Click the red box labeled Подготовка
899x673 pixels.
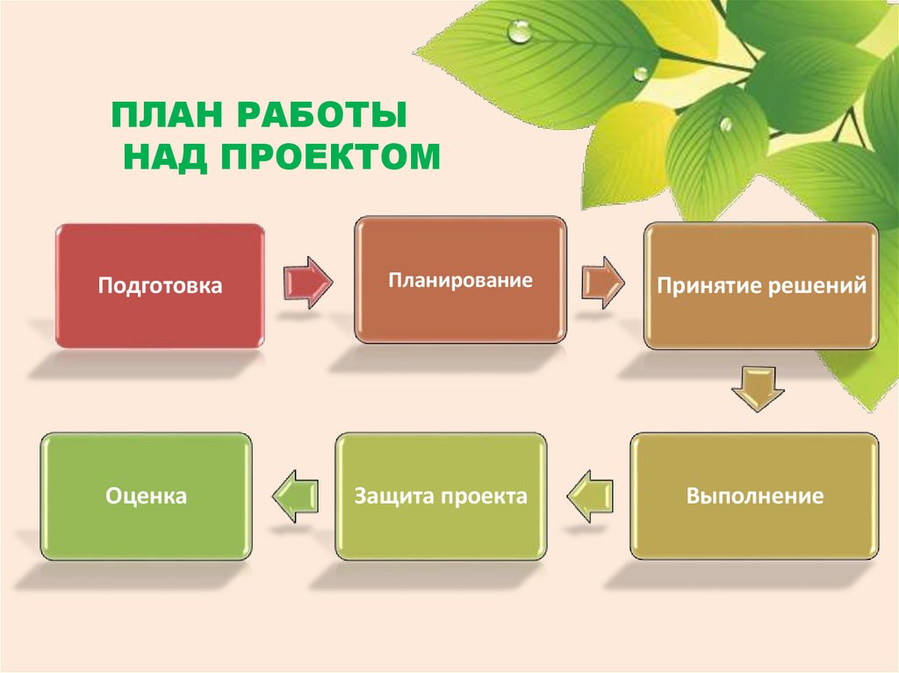click(160, 285)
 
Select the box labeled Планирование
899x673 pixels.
click(461, 280)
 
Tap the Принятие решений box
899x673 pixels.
click(762, 286)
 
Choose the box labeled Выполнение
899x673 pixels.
click(754, 496)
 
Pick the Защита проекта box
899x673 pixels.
click(441, 496)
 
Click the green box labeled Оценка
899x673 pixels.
click(147, 496)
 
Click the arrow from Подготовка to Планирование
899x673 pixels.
click(308, 282)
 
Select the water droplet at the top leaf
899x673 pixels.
click(521, 32)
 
